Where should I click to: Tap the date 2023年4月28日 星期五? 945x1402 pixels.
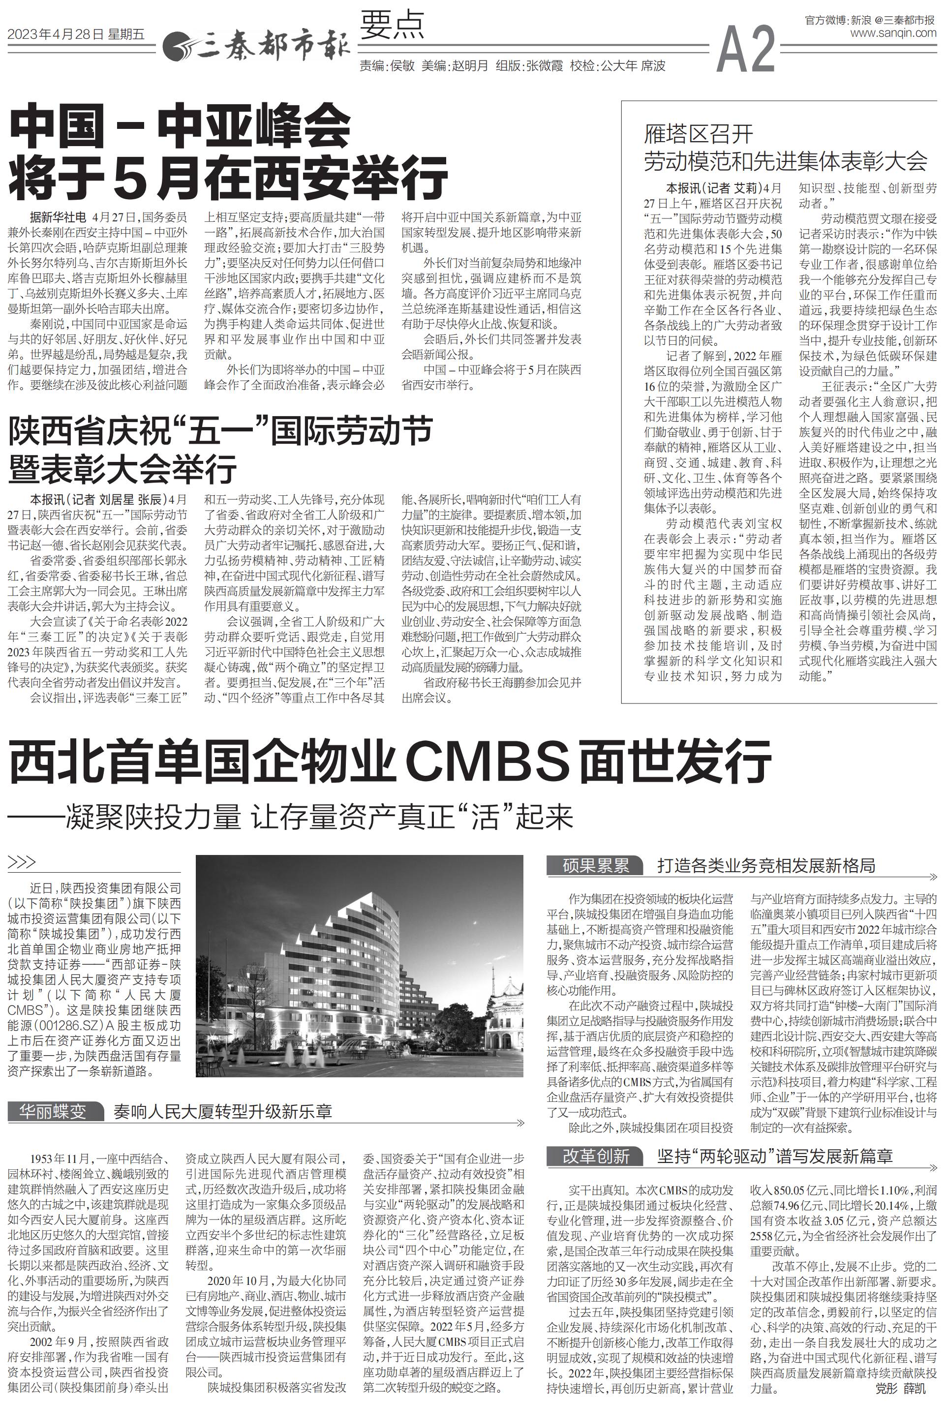point(77,35)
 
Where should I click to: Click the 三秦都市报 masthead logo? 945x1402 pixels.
point(256,46)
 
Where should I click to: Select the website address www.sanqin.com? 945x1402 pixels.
point(894,33)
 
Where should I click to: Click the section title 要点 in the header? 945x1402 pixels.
point(393,25)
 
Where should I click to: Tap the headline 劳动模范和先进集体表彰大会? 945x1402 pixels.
point(785,160)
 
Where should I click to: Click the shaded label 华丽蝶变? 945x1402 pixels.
point(53,1111)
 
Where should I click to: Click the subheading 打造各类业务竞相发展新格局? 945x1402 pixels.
point(766,866)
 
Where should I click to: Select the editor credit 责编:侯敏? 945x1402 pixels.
point(386,65)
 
